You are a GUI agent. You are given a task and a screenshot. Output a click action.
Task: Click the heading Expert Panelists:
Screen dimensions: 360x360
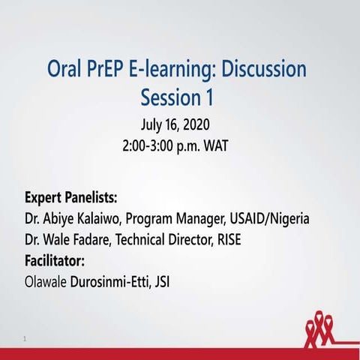pos(71,199)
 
